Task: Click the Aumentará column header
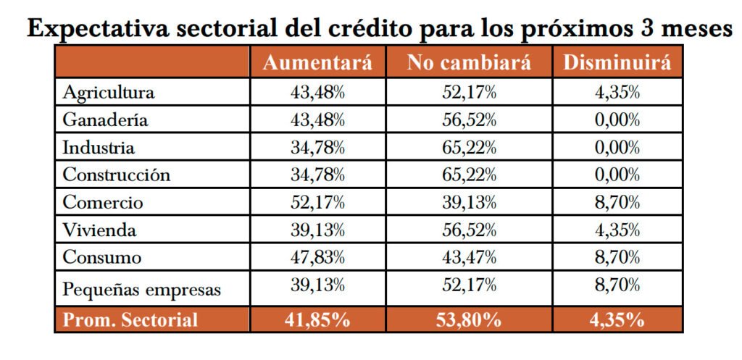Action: click(x=317, y=62)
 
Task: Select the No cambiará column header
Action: click(x=469, y=62)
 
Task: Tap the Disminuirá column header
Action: click(x=617, y=62)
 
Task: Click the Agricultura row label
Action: click(x=108, y=93)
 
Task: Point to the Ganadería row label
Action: click(x=105, y=120)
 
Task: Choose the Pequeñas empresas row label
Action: click(x=141, y=290)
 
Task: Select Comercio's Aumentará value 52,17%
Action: click(x=317, y=203)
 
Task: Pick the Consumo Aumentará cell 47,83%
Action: click(x=317, y=257)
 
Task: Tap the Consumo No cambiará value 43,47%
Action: click(x=469, y=257)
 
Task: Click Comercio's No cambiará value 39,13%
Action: click(x=469, y=203)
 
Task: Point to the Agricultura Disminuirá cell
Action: click(x=617, y=93)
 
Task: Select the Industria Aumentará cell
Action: click(x=317, y=148)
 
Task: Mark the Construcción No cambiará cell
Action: click(x=469, y=175)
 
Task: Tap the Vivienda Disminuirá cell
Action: click(x=617, y=230)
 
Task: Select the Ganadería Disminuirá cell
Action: click(x=617, y=120)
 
